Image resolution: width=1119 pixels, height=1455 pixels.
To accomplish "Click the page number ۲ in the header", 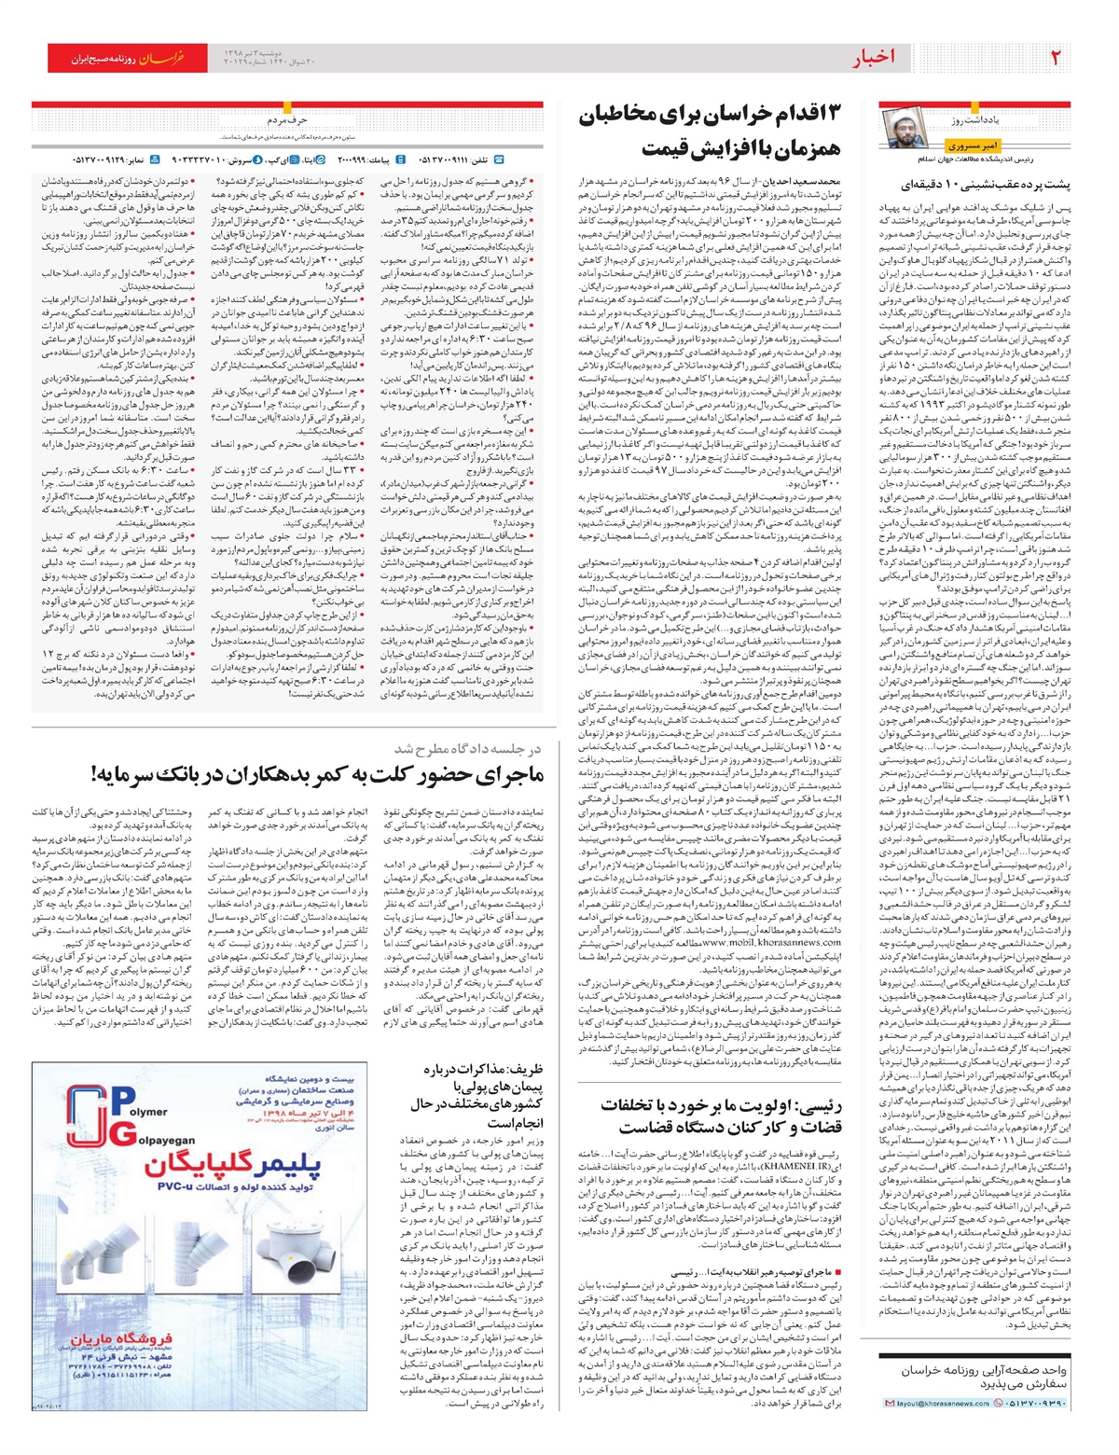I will click(1056, 59).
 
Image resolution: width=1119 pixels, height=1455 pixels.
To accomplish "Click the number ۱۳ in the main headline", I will click(827, 116).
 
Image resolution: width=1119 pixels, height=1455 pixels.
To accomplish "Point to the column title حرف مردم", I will click(288, 119).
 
